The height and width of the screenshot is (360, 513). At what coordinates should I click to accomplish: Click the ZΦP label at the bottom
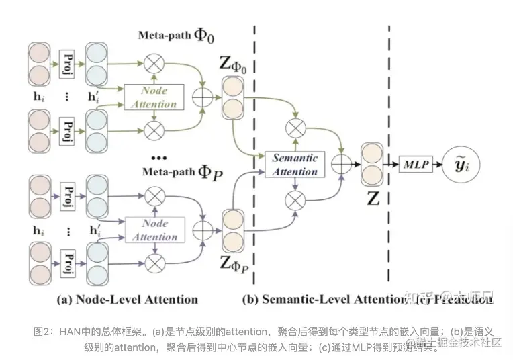coord(235,263)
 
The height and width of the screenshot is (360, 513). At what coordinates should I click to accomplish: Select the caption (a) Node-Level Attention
coord(128,299)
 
